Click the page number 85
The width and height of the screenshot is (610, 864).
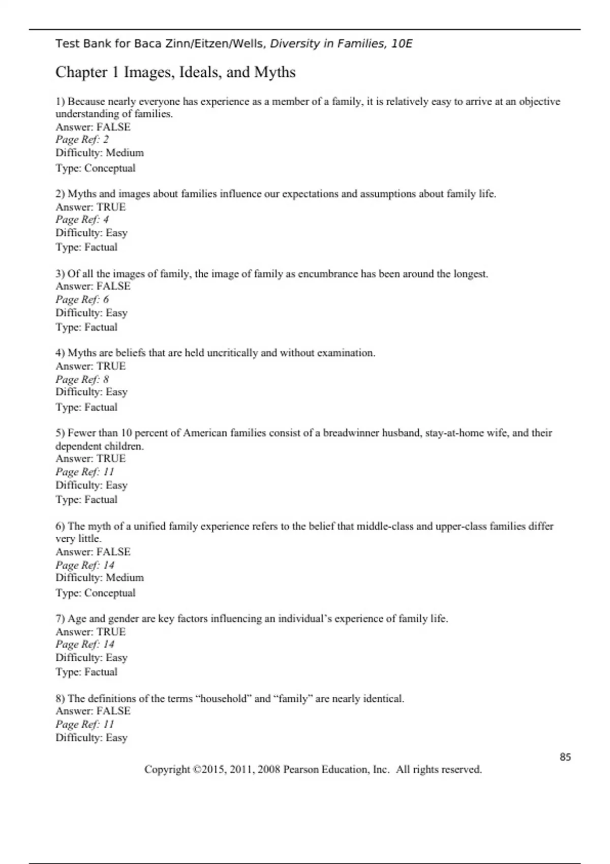tap(565, 757)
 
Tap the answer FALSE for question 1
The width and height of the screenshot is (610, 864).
tap(113, 127)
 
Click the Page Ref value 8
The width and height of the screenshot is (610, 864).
tap(106, 379)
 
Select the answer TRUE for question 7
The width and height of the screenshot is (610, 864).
tap(111, 632)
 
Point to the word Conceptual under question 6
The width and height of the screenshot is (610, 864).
tap(110, 593)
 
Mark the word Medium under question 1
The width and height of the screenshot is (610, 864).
tap(125, 153)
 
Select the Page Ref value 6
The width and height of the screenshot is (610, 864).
tap(106, 299)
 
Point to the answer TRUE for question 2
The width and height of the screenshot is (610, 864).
tap(111, 207)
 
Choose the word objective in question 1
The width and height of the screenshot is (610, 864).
tap(539, 102)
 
